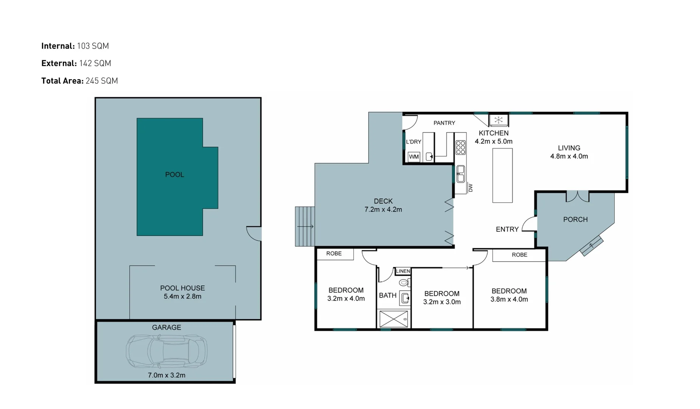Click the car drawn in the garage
tap(167, 351)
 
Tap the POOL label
tap(175, 175)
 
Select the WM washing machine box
tap(414, 157)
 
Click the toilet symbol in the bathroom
tap(404, 283)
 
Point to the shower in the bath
tap(393, 319)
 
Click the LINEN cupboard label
tap(403, 271)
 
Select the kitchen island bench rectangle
tap(502, 175)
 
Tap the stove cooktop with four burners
tap(460, 147)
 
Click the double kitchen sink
tap(460, 174)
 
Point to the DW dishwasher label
tap(471, 187)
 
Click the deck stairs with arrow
tap(305, 226)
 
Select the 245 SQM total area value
tap(101, 81)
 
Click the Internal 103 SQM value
tap(93, 46)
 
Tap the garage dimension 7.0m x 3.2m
tap(167, 375)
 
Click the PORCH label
tap(575, 220)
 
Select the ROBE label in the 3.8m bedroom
tap(519, 255)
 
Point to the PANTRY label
tap(444, 123)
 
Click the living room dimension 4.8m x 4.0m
tap(569, 156)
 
